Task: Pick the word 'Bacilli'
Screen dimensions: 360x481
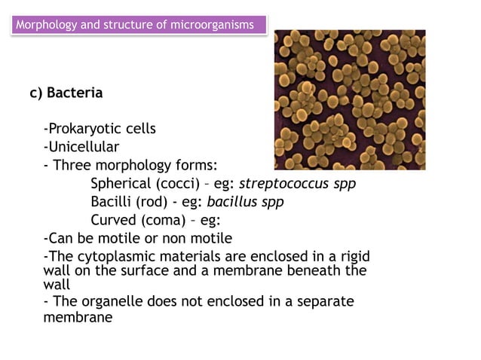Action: click(112, 202)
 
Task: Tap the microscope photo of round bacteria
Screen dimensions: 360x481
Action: click(349, 99)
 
